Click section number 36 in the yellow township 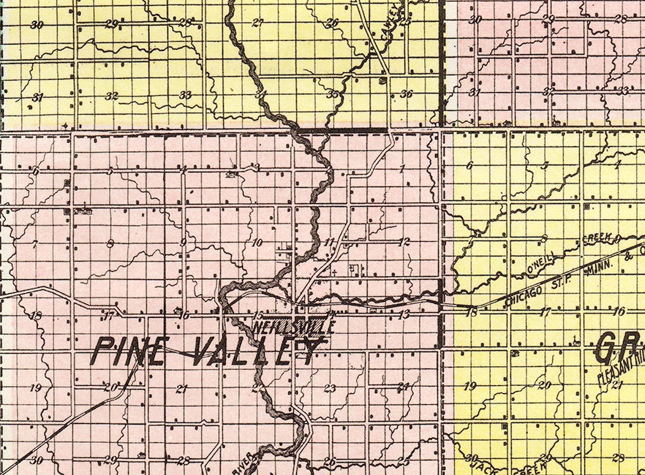click(407, 94)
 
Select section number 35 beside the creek click(333, 94)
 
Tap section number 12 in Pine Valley click(404, 242)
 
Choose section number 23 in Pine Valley click(330, 389)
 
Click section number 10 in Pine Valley click(256, 242)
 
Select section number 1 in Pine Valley click(401, 169)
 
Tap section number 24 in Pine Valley click(403, 387)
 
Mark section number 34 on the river click(259, 94)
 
